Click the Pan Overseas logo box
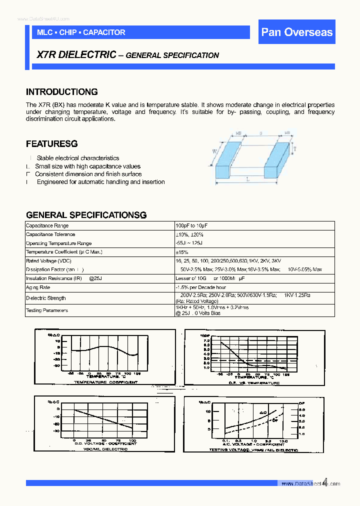click(x=296, y=32)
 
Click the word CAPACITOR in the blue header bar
click(x=104, y=32)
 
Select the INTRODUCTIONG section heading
click(x=61, y=92)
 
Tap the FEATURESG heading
click(x=51, y=144)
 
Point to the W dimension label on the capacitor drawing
click(x=215, y=151)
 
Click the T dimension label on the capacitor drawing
click(x=295, y=149)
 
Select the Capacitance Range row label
click(x=47, y=226)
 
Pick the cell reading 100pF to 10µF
click(x=191, y=226)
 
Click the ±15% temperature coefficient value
click(x=181, y=252)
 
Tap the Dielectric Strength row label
click(x=45, y=298)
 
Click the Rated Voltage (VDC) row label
click(x=48, y=261)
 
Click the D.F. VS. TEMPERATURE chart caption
click(x=254, y=383)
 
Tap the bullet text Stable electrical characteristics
click(x=78, y=158)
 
